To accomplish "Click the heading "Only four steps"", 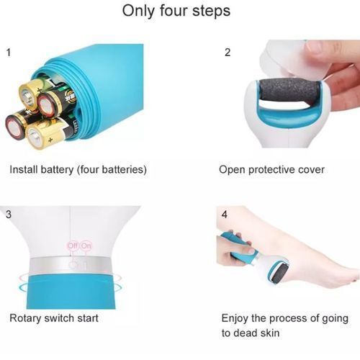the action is tap(176, 11).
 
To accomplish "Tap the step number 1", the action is tap(9, 53).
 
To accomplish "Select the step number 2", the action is tap(228, 53).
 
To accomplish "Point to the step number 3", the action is tap(9, 215).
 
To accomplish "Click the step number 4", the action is tap(225, 215).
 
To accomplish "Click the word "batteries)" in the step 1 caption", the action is tap(124, 169).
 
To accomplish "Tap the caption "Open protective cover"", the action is tap(271, 170).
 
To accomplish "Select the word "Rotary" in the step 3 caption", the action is tap(25, 318).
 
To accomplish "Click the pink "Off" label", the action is tap(73, 246).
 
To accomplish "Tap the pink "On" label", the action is tap(86, 246).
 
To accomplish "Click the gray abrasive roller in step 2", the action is tap(289, 91).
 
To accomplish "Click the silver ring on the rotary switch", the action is tap(70, 265).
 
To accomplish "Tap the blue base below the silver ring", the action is tap(71, 292).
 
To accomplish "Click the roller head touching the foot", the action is tap(278, 271).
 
